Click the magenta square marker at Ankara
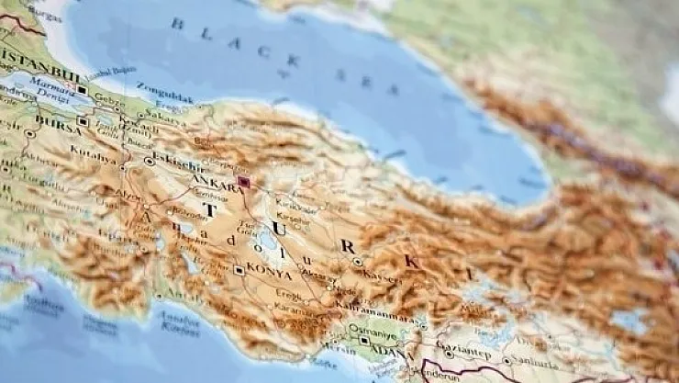(x=244, y=182)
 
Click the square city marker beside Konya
(x=239, y=270)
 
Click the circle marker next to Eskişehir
(x=150, y=161)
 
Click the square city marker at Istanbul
(x=83, y=90)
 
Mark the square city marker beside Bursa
(x=83, y=121)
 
